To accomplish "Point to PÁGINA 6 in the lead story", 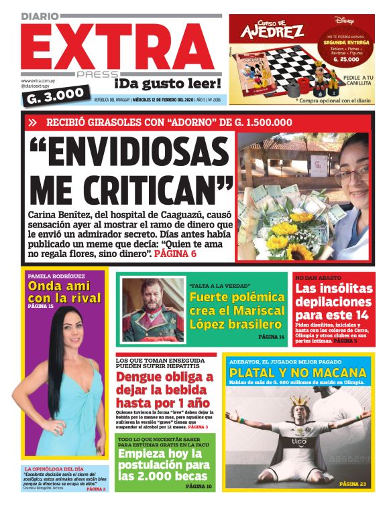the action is tap(175, 254).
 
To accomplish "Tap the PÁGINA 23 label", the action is tap(353, 483).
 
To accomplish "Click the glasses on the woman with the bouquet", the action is tap(353, 175).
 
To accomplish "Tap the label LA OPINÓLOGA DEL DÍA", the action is tap(54, 469).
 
